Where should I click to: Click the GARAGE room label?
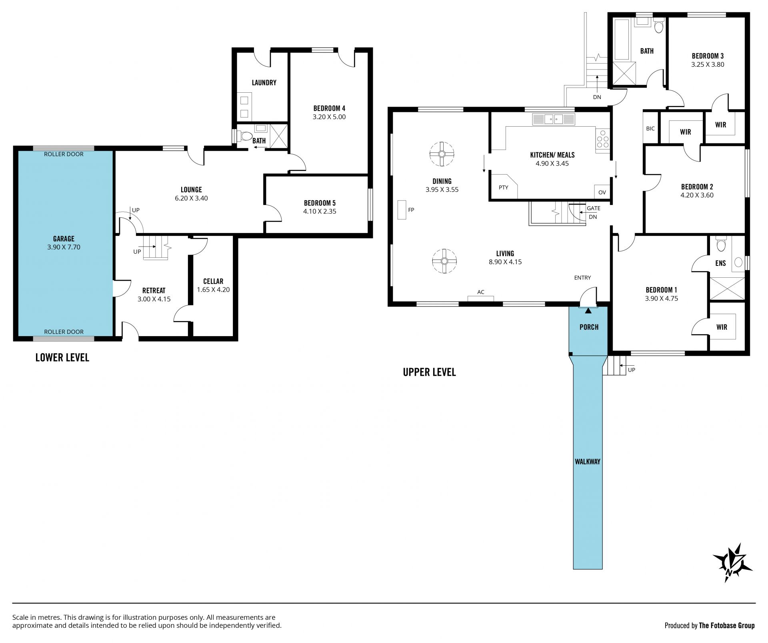[64, 239]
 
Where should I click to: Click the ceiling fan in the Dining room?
[442, 154]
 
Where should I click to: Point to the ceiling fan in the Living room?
[444, 261]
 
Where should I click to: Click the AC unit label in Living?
[481, 292]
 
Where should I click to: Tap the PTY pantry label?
[504, 187]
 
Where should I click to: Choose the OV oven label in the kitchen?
[602, 192]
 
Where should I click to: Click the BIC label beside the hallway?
[650, 129]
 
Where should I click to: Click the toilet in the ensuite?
[721, 244]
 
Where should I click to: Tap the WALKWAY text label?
[588, 462]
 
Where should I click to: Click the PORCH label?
[589, 327]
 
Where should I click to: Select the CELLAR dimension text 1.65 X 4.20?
[213, 290]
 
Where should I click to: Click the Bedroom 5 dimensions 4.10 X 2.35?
[320, 211]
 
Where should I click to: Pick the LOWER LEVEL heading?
[62, 357]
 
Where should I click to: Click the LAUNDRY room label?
[264, 83]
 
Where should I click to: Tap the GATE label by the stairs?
[594, 208]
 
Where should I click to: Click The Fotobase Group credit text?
[727, 625]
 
